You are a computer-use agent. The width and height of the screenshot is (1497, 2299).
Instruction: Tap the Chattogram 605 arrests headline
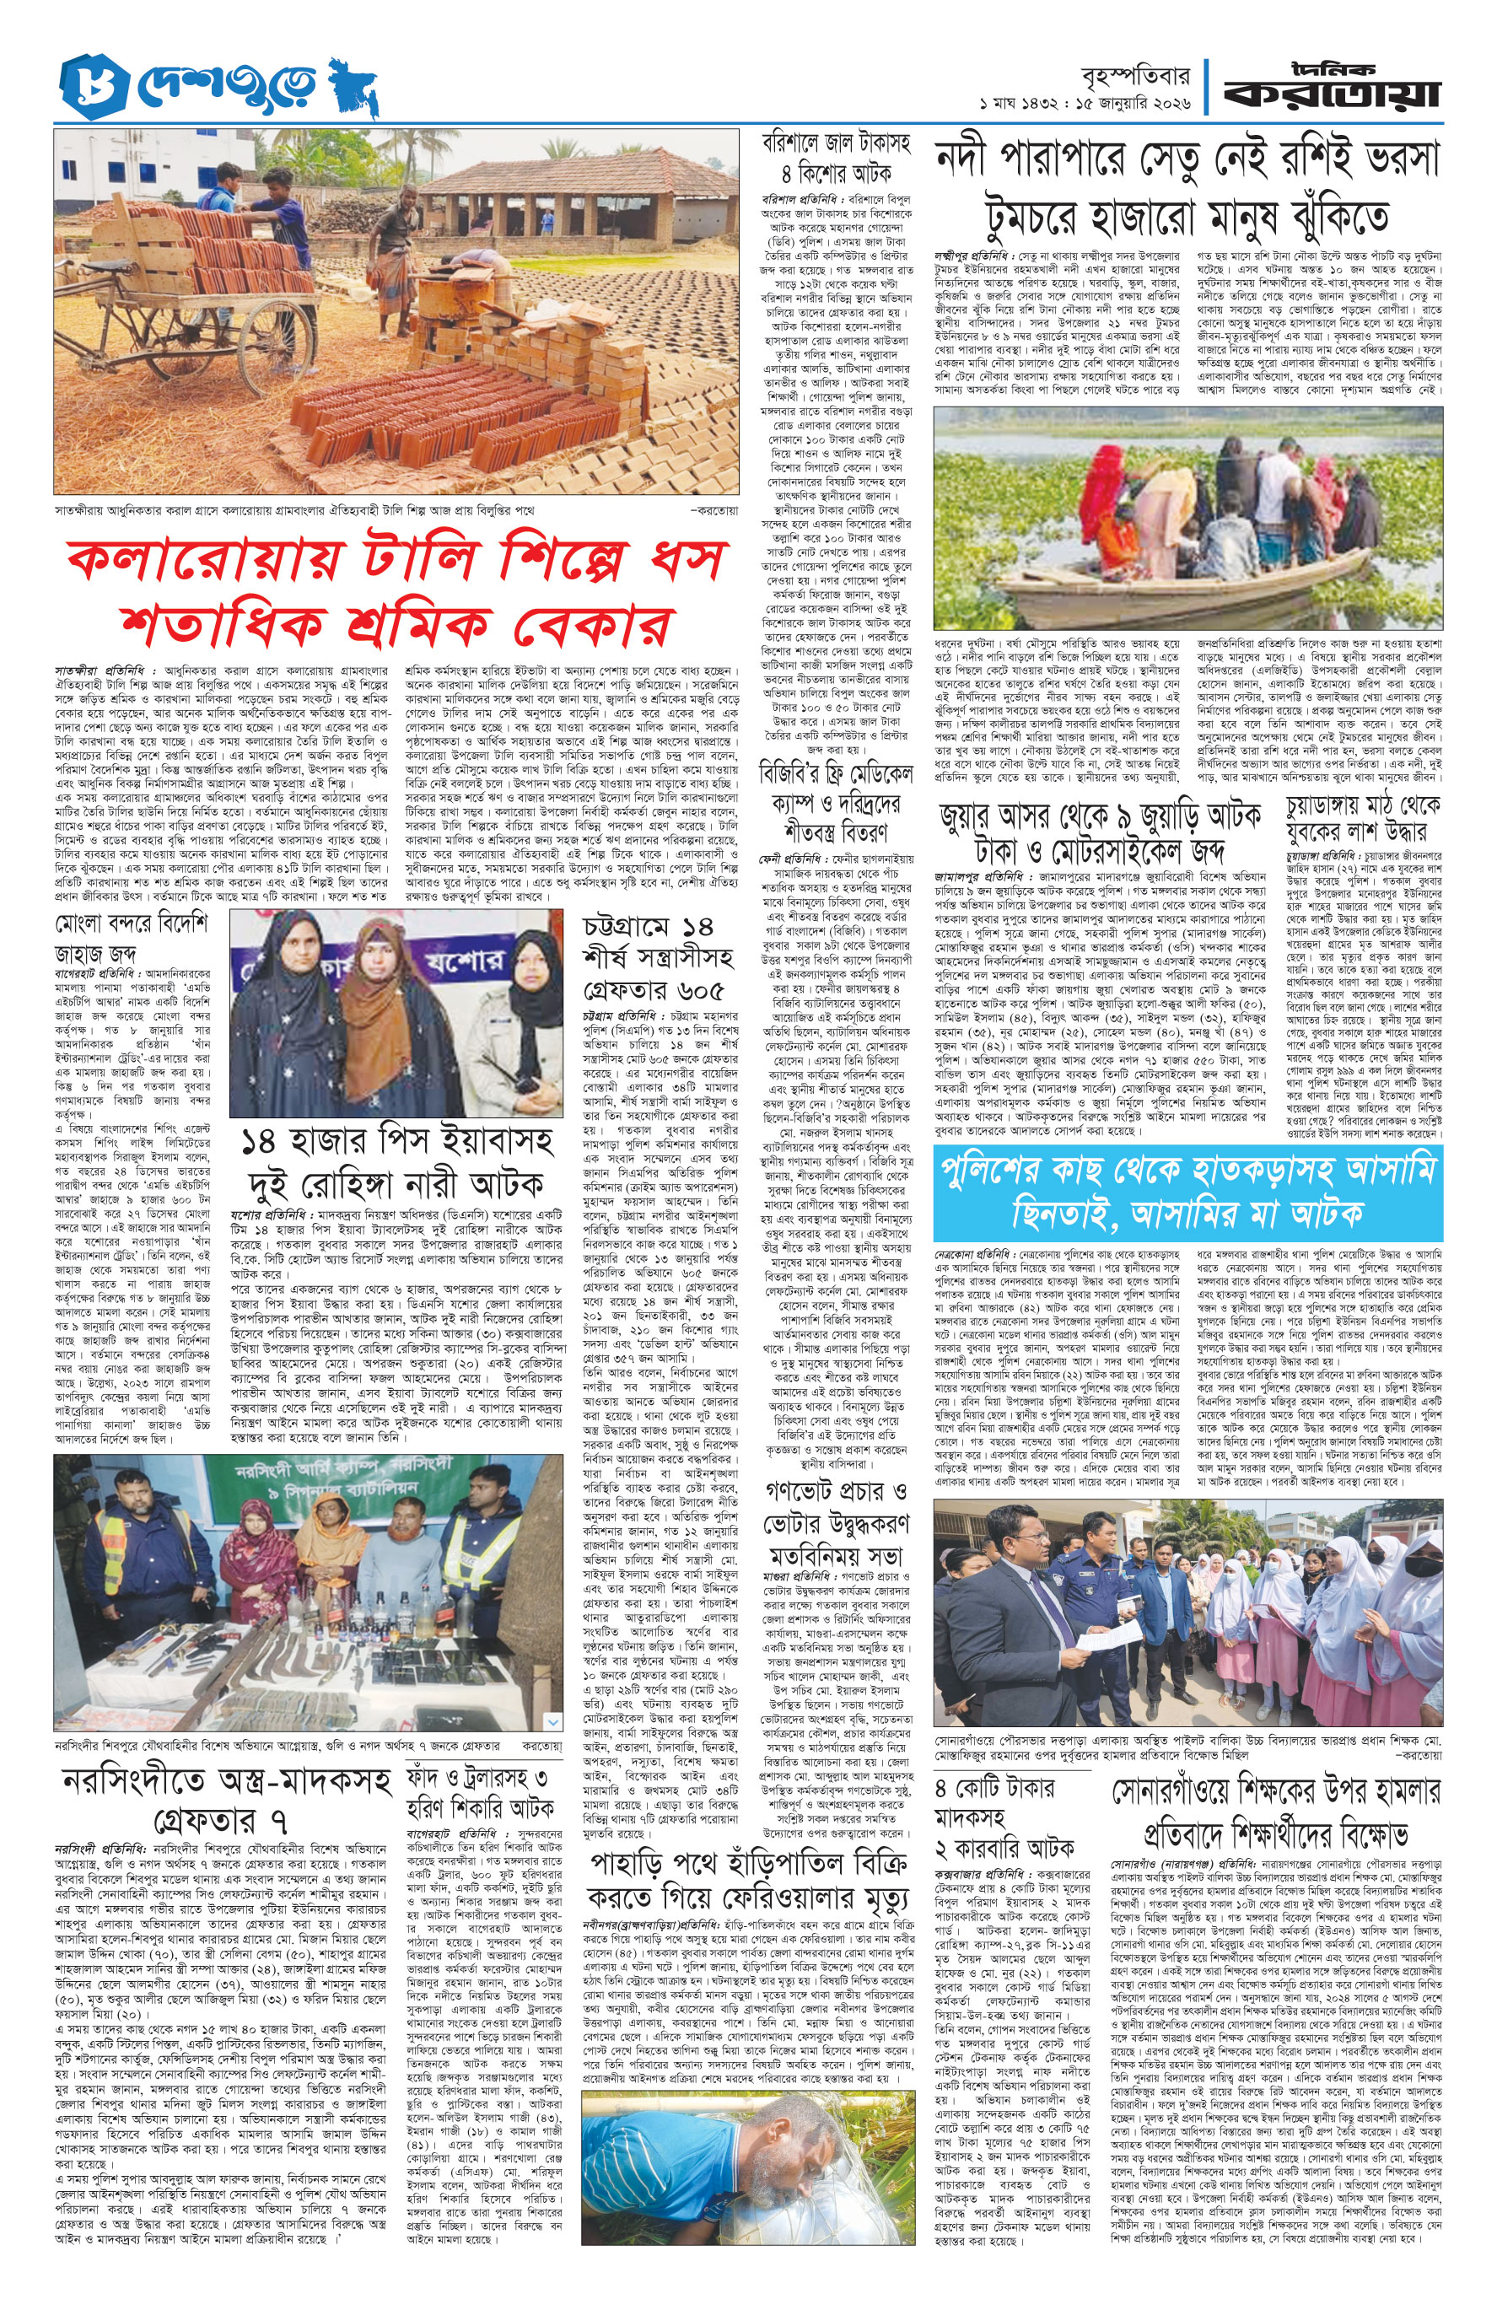[658, 957]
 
